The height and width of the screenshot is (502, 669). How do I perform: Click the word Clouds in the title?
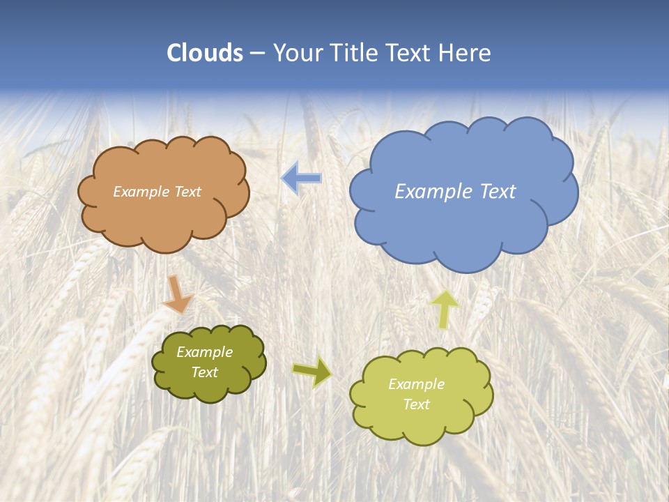click(205, 53)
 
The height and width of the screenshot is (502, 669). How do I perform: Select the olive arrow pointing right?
click(312, 372)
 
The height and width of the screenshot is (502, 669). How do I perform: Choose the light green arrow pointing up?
click(444, 308)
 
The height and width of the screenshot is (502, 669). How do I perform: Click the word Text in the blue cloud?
click(498, 192)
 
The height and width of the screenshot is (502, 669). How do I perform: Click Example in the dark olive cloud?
click(204, 352)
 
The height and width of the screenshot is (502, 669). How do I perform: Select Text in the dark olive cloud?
click(204, 372)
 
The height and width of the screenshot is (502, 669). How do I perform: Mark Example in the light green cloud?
click(416, 384)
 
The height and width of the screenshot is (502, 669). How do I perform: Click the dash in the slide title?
click(257, 54)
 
